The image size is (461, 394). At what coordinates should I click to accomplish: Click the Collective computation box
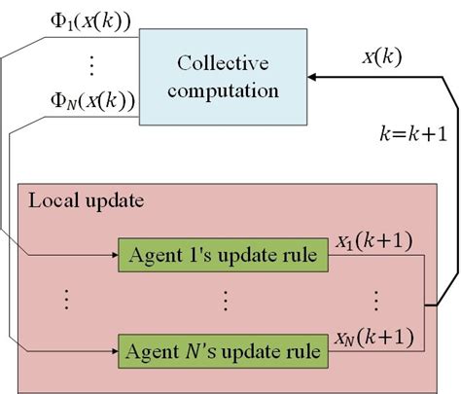pos(222,76)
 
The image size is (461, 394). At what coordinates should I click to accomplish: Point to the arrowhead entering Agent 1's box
pos(113,256)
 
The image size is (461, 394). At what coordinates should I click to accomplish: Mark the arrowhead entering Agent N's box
pos(113,348)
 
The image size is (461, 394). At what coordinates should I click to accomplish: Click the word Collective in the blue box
pos(222,63)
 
